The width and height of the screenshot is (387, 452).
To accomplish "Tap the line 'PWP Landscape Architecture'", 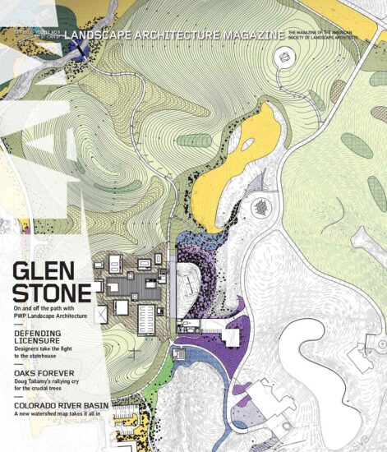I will (x=62, y=316).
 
